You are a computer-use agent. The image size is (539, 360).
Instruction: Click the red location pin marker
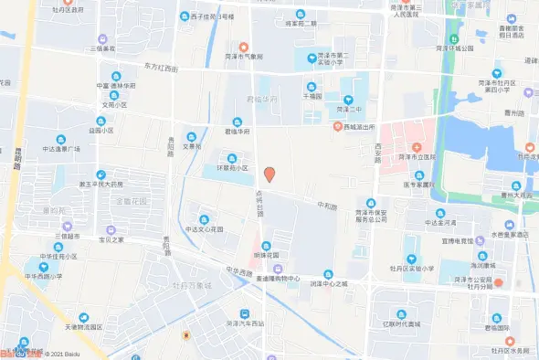tap(269, 174)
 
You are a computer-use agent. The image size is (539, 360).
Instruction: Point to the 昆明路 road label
tap(17, 165)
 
